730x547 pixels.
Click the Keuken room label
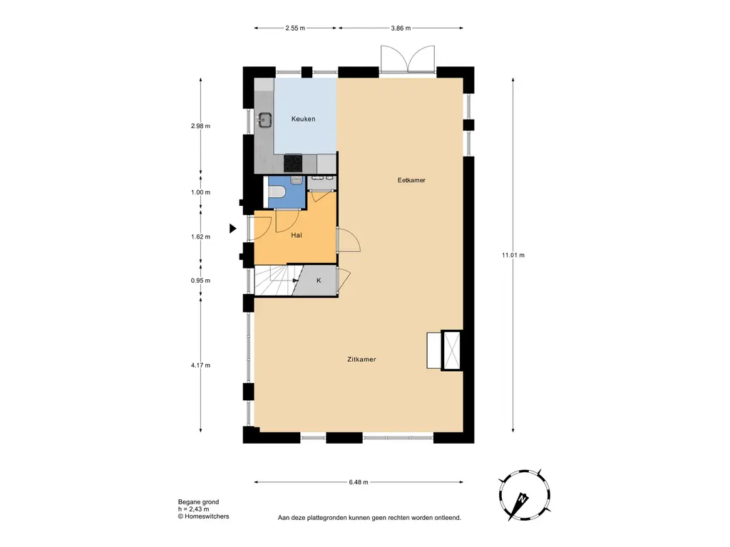[x=303, y=119]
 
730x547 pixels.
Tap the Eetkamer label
[x=411, y=180]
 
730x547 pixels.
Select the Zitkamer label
[x=361, y=359]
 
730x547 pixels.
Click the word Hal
[x=296, y=235]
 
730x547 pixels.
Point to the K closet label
[x=319, y=281]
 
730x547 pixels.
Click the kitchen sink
[x=264, y=120]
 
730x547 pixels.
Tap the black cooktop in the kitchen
[x=293, y=163]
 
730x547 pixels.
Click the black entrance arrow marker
[x=233, y=229]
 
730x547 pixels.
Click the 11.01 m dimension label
[x=513, y=255]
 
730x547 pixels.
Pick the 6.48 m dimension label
[x=359, y=482]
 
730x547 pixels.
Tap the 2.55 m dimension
[x=295, y=28]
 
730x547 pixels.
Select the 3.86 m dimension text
[x=401, y=28]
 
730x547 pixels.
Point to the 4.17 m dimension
[x=200, y=365]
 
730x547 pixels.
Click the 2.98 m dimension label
[x=200, y=125]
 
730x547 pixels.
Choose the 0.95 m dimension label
[x=200, y=281]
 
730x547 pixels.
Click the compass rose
[x=524, y=496]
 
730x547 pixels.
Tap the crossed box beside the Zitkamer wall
[x=451, y=350]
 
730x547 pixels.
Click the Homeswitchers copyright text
[x=203, y=516]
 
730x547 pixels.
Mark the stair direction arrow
[x=296, y=281]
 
